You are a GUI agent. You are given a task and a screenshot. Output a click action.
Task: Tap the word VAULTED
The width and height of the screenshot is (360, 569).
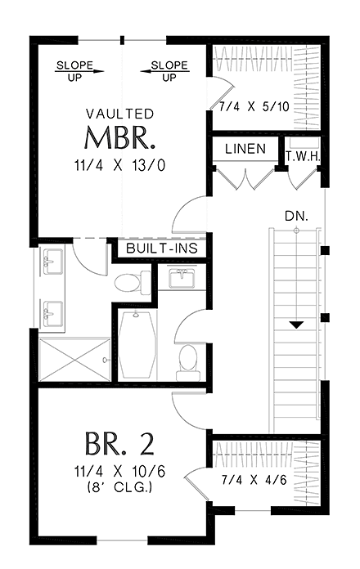pyautogui.click(x=120, y=114)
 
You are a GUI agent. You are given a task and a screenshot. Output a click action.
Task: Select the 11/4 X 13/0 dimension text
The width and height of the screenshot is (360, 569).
pyautogui.click(x=120, y=165)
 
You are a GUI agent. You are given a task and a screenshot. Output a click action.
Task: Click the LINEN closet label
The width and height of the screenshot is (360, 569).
pyautogui.click(x=245, y=150)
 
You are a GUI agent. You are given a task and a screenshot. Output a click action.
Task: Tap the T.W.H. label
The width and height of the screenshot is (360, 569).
pyautogui.click(x=302, y=156)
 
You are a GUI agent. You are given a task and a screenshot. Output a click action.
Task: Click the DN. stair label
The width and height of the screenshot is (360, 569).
pyautogui.click(x=295, y=216)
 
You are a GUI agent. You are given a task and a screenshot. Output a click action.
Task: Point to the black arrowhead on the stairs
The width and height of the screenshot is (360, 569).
pyautogui.click(x=297, y=325)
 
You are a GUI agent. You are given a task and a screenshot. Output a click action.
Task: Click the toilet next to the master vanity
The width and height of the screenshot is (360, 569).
pyautogui.click(x=129, y=284)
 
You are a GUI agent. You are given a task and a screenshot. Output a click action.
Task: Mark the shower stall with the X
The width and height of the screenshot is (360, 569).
pyautogui.click(x=73, y=361)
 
